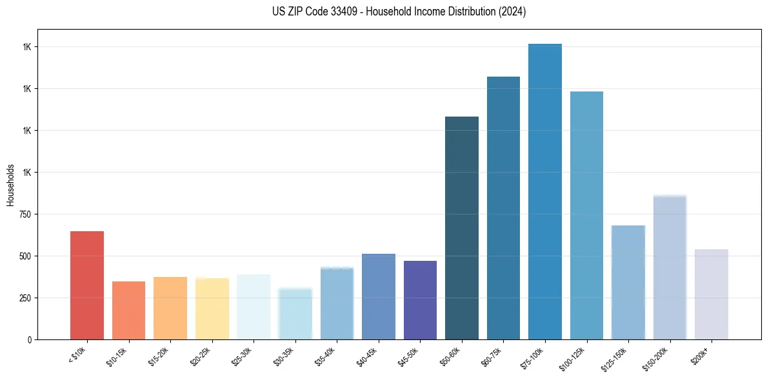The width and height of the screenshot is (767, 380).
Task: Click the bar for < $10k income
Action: point(86,285)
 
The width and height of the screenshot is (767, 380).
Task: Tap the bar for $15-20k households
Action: point(170,308)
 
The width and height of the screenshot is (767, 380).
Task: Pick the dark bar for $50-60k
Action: point(462,228)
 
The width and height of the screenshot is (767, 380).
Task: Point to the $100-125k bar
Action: point(586,215)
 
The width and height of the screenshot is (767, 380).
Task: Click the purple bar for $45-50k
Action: point(420,300)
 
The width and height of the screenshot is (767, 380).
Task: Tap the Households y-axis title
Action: point(10,184)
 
